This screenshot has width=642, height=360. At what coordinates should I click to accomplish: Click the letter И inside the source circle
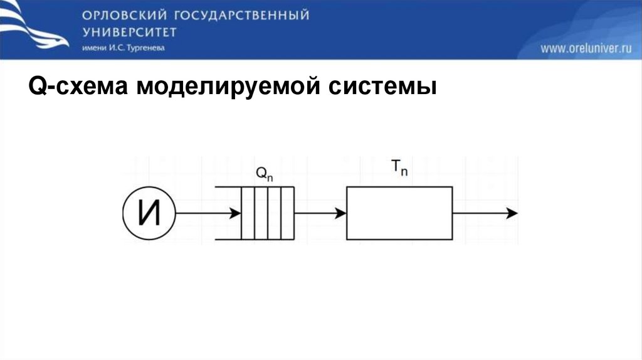click(x=149, y=213)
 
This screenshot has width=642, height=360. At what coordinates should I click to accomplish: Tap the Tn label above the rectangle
click(x=399, y=168)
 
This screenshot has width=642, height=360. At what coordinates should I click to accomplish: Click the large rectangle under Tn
click(x=399, y=213)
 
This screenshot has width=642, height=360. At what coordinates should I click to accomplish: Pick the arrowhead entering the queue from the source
click(x=236, y=213)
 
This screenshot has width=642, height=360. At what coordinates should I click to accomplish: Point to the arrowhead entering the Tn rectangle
click(x=341, y=213)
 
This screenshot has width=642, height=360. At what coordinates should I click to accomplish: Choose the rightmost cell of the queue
click(x=287, y=213)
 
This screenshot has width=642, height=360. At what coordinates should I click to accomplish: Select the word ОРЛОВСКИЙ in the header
click(x=118, y=15)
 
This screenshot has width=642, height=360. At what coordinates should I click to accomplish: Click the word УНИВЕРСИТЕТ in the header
click(x=129, y=32)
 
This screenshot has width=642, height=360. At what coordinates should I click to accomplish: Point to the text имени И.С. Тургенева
click(x=123, y=48)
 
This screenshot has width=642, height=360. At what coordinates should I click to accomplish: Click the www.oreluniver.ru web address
click(x=586, y=48)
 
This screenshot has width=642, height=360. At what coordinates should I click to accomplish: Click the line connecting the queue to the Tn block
click(x=317, y=213)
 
